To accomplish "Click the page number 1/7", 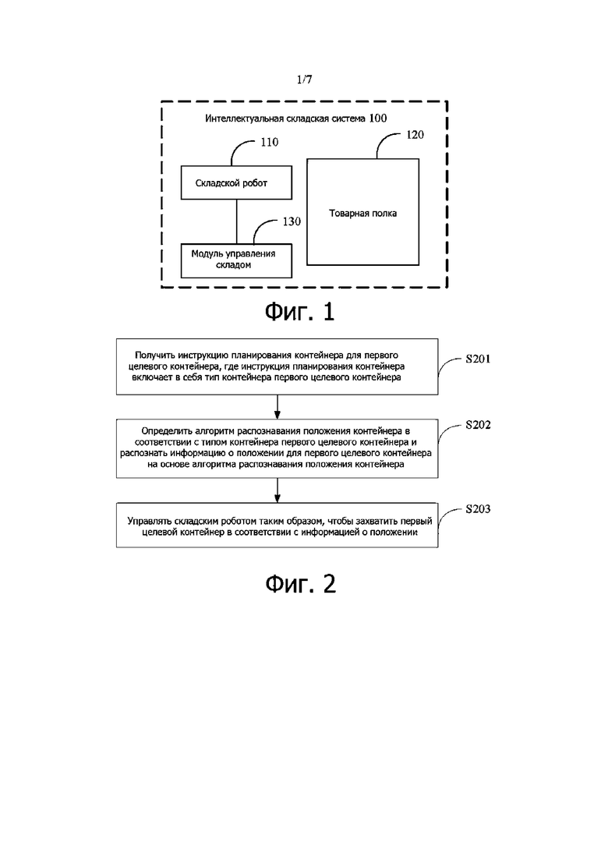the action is tap(304, 80).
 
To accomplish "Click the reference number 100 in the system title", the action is tap(378, 118).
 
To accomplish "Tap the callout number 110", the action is tap(269, 142).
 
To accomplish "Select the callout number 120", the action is tap(415, 134).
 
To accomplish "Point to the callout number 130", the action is tap(292, 221).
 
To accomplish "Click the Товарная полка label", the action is tap(363, 214).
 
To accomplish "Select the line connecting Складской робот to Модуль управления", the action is tap(237, 221).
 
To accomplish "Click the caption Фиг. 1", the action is tap(300, 312).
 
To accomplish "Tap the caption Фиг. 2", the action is tap(300, 584).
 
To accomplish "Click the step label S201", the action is tap(478, 359).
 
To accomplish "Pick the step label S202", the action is tap(478, 424).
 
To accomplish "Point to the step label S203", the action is tap(478, 508).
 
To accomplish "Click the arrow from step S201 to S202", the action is tap(277, 407).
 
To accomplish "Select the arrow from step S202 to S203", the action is tap(277, 490).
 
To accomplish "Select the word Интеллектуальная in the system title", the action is tap(245, 118).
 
